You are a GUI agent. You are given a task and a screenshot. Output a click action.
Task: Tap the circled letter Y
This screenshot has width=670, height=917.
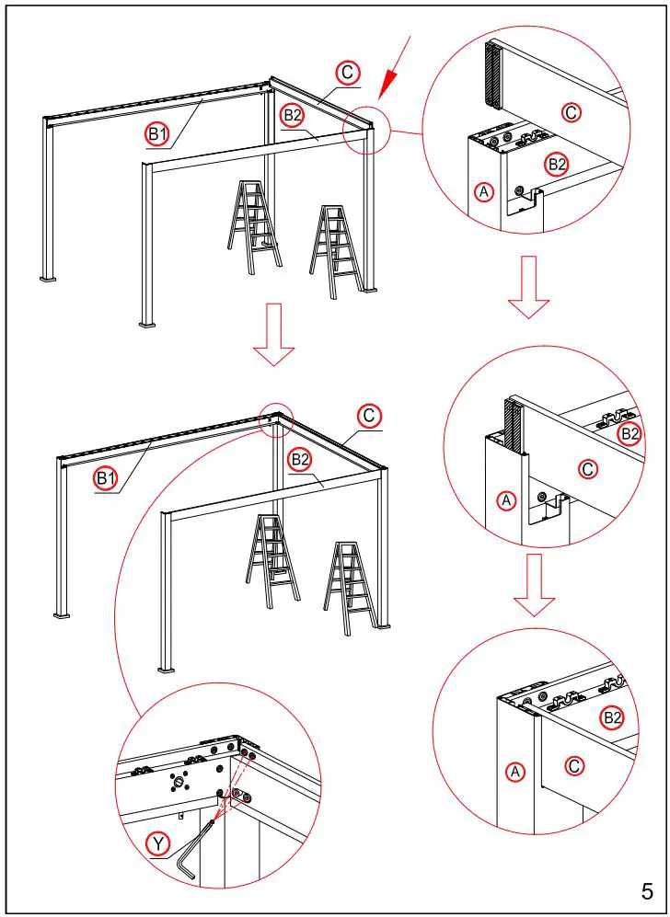(x=158, y=842)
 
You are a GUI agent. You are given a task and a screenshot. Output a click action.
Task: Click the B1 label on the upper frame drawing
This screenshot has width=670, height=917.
(x=158, y=134)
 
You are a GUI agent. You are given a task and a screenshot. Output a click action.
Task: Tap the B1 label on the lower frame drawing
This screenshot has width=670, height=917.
(x=105, y=476)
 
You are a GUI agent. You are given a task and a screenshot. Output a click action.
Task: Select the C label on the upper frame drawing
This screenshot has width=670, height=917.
(x=347, y=73)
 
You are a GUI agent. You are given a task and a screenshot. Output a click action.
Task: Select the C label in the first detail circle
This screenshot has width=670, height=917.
(x=571, y=112)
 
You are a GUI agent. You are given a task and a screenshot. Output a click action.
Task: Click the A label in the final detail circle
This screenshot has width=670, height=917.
(x=515, y=773)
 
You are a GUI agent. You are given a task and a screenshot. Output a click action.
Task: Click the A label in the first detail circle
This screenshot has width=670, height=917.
(x=484, y=191)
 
